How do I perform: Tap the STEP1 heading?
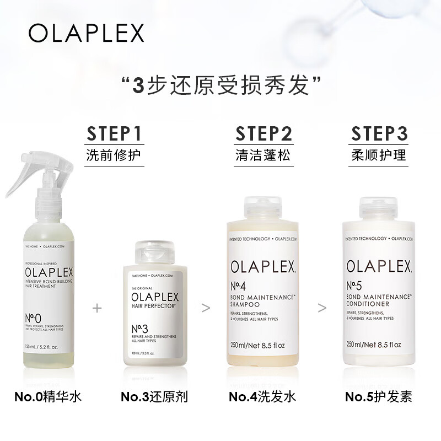click(x=115, y=133)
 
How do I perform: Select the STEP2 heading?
click(x=263, y=133)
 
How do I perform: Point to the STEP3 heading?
click(x=379, y=133)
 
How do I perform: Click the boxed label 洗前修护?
click(x=115, y=155)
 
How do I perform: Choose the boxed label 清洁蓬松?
click(x=263, y=155)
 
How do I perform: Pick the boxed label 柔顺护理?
click(x=379, y=155)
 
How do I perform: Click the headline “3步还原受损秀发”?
click(x=220, y=86)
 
